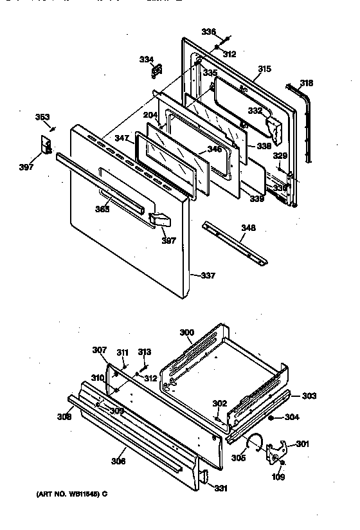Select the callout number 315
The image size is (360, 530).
click(x=264, y=69)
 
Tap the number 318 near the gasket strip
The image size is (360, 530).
click(x=307, y=83)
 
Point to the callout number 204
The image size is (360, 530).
click(x=150, y=114)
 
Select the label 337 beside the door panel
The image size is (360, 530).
click(x=207, y=276)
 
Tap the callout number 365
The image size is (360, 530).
click(x=102, y=208)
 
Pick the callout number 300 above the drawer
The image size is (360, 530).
click(x=186, y=333)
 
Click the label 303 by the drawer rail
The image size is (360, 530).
click(x=309, y=396)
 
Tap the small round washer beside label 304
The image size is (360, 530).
click(x=272, y=417)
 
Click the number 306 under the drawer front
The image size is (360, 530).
click(x=118, y=461)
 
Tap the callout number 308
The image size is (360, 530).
click(x=64, y=417)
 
